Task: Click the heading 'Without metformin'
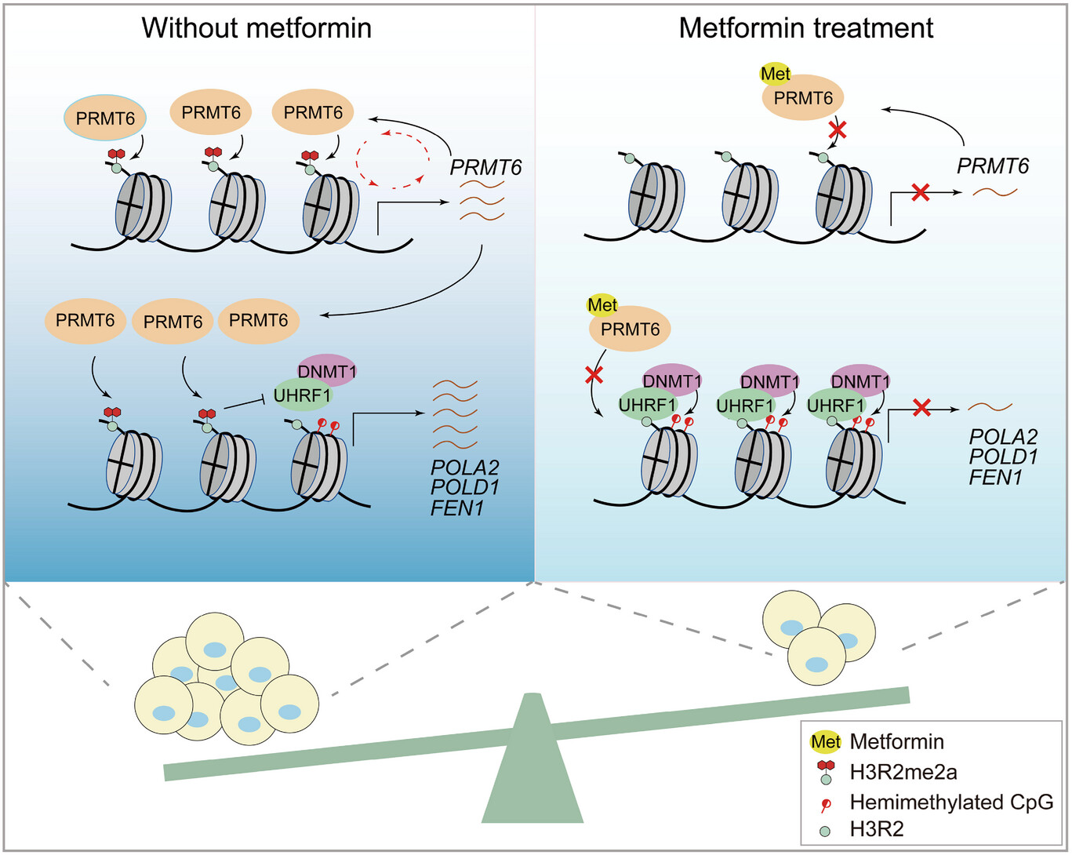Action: pyautogui.click(x=256, y=28)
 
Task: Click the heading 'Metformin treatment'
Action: pyautogui.click(x=805, y=28)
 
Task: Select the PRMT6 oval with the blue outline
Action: pyautogui.click(x=105, y=119)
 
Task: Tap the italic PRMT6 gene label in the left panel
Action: pyautogui.click(x=485, y=168)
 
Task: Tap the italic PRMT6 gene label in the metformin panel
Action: pyautogui.click(x=993, y=166)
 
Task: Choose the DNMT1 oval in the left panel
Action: pyautogui.click(x=327, y=371)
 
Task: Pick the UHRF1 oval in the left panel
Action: pyautogui.click(x=302, y=395)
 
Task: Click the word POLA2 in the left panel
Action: pyautogui.click(x=465, y=468)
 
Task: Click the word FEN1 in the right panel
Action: pyautogui.click(x=996, y=477)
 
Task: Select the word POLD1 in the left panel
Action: pyautogui.click(x=465, y=487)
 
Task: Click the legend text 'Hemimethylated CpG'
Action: pyautogui.click(x=951, y=802)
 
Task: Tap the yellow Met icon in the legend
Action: pyautogui.click(x=825, y=741)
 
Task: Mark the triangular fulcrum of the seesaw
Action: pyautogui.click(x=532, y=769)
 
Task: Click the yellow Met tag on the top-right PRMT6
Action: pyautogui.click(x=776, y=74)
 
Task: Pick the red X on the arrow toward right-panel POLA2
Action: pyautogui.click(x=922, y=407)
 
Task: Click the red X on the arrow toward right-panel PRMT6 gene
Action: pyautogui.click(x=921, y=191)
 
